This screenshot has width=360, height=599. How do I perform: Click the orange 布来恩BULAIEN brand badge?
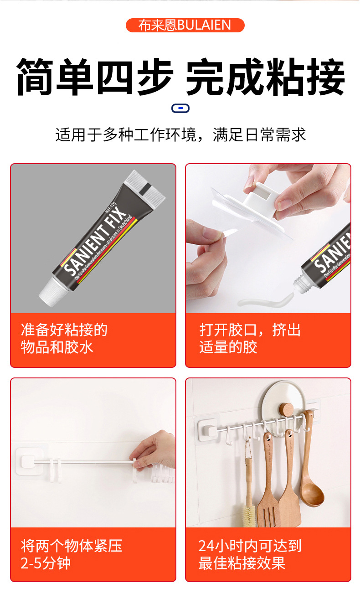click(x=185, y=25)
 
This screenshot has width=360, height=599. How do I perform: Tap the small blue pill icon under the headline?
click(x=180, y=108)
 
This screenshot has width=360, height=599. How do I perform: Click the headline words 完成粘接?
click(x=266, y=76)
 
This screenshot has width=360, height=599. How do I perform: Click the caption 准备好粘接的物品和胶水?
click(x=64, y=338)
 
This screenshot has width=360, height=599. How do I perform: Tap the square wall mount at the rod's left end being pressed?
click(x=30, y=462)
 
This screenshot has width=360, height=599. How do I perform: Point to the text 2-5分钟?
click(x=46, y=563)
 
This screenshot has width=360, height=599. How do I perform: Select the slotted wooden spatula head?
click(x=269, y=506)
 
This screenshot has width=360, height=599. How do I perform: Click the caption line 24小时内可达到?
click(x=250, y=546)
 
